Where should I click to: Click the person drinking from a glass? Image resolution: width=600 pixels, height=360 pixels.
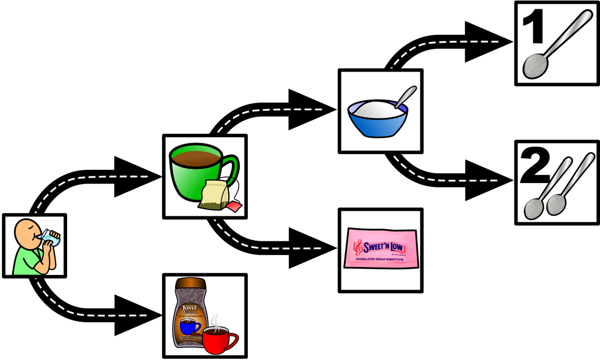click(x=34, y=246)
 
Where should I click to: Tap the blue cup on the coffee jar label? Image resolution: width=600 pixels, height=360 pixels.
click(x=190, y=327)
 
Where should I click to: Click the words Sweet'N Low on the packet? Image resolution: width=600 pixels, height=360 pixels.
click(x=382, y=247)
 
